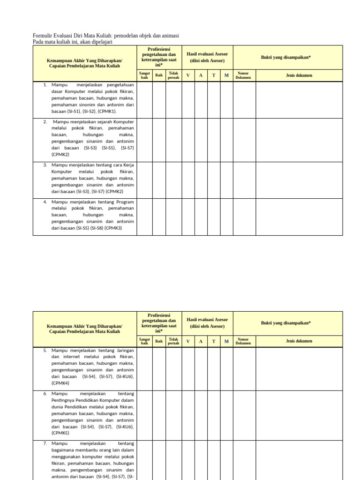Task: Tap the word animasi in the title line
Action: (x=169, y=36)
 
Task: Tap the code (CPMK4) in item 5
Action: (x=60, y=383)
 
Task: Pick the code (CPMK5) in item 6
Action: (x=60, y=433)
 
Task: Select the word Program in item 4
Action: (x=125, y=202)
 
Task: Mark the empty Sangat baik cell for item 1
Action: (x=144, y=99)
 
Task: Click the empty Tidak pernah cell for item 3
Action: (x=173, y=180)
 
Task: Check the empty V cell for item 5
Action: (x=188, y=368)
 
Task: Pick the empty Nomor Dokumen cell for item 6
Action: (x=244, y=415)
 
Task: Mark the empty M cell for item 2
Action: (x=226, y=140)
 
